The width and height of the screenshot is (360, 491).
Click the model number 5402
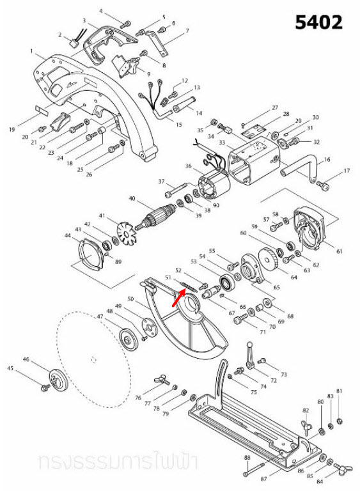(318, 22)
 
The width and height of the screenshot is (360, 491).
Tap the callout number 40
(132, 198)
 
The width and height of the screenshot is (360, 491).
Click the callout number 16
(327, 159)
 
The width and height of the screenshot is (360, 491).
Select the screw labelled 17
(324, 185)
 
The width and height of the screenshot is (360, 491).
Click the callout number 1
(31, 51)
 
